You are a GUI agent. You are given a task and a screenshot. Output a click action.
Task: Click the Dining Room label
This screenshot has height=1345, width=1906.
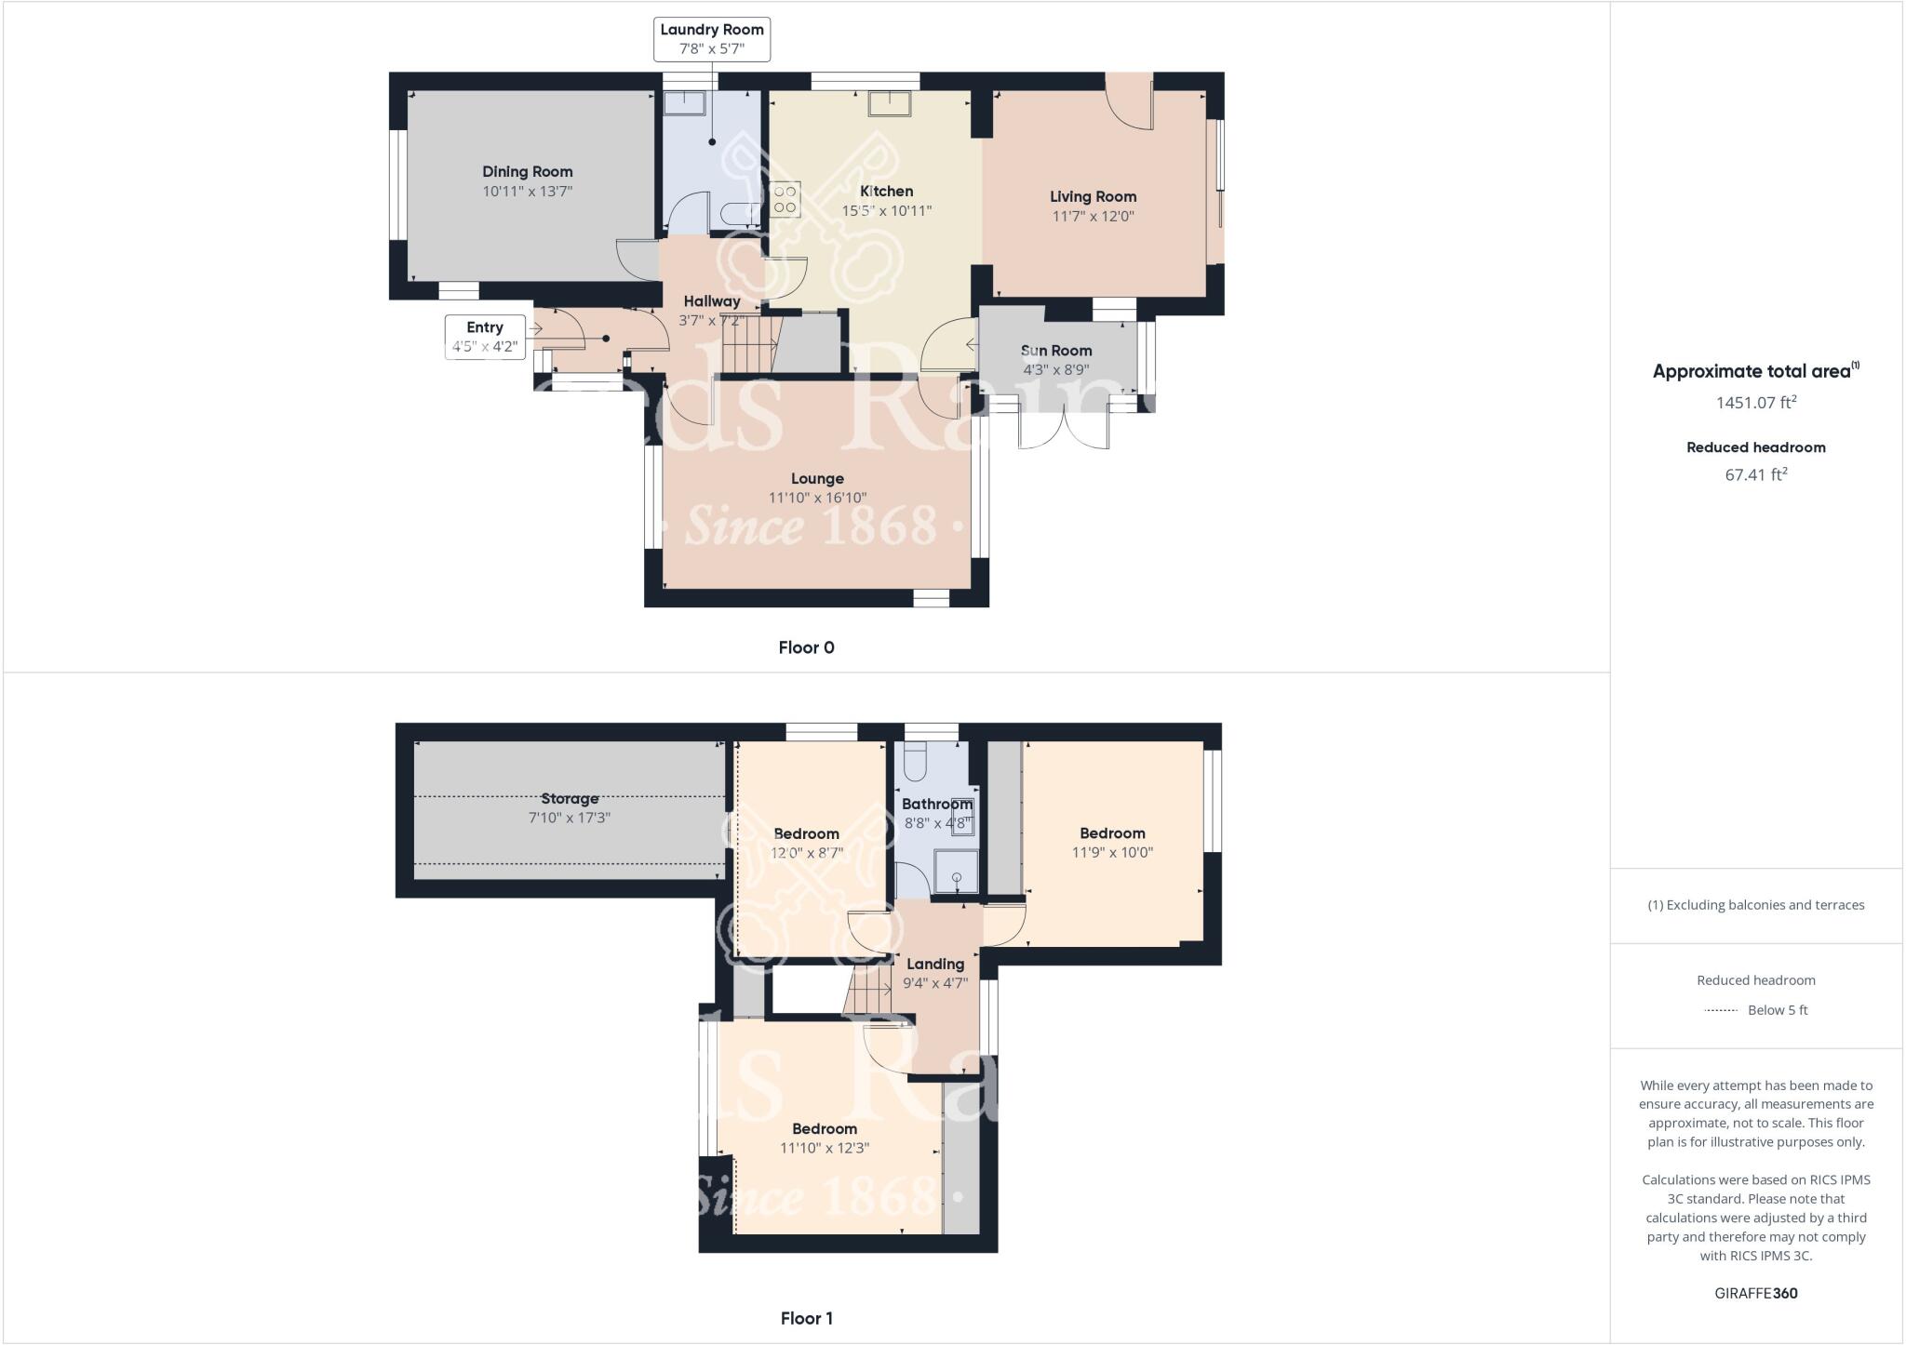coord(527,171)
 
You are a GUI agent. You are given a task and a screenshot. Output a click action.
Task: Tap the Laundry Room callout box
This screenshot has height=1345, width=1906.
coord(712,39)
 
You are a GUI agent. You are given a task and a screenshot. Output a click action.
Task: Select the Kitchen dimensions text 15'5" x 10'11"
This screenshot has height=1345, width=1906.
coord(886,211)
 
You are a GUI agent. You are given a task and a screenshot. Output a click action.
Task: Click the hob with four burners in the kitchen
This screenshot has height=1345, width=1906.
coord(785,198)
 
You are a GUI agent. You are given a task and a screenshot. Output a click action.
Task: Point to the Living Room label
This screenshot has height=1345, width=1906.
coord(1093,196)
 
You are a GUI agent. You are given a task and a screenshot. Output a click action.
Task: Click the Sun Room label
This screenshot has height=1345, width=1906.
coord(1056,351)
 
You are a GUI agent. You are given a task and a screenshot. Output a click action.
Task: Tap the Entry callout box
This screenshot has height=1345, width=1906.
coord(484,338)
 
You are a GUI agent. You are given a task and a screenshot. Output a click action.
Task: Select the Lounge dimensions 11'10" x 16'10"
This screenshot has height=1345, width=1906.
coord(817,498)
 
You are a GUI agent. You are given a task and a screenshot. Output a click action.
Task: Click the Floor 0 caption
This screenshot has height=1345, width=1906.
coord(806,647)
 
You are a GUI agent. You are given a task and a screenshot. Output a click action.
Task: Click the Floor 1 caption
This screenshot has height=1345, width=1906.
coord(806,1318)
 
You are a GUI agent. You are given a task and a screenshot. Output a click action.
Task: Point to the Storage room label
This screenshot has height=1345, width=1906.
coord(570,798)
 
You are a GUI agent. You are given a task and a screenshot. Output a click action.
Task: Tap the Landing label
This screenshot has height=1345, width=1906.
coord(935,964)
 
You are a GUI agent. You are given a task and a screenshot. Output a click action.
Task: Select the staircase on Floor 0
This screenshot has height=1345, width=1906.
coord(750,345)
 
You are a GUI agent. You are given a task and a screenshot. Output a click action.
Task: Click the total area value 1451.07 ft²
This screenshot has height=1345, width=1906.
coord(1755,403)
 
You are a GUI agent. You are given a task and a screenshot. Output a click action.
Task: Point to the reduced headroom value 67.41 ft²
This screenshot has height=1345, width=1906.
coord(1755,474)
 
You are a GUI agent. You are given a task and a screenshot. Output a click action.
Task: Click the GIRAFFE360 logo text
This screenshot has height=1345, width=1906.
coord(1755,1293)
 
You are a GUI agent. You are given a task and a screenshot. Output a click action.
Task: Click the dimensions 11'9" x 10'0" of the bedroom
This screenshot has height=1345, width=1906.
coord(1112,852)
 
